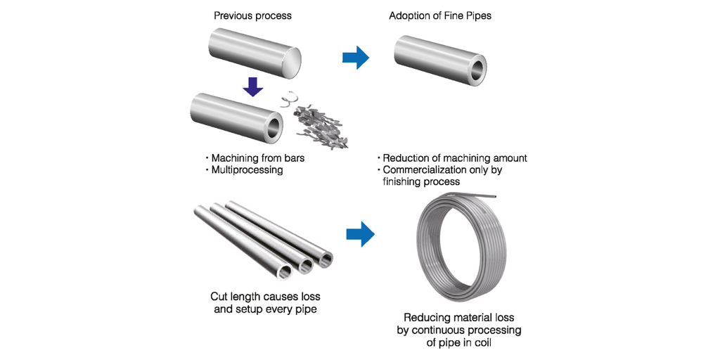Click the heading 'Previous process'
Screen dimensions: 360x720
(252, 15)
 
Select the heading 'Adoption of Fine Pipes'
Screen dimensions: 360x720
(440, 15)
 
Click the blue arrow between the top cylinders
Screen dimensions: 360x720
(356, 58)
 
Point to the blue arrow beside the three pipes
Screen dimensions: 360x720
(360, 236)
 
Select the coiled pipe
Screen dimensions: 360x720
(463, 243)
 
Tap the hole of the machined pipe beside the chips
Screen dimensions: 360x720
(271, 127)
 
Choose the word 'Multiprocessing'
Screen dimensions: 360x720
(246, 170)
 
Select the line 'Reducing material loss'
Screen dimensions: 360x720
(456, 318)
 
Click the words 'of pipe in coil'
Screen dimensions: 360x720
(456, 342)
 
